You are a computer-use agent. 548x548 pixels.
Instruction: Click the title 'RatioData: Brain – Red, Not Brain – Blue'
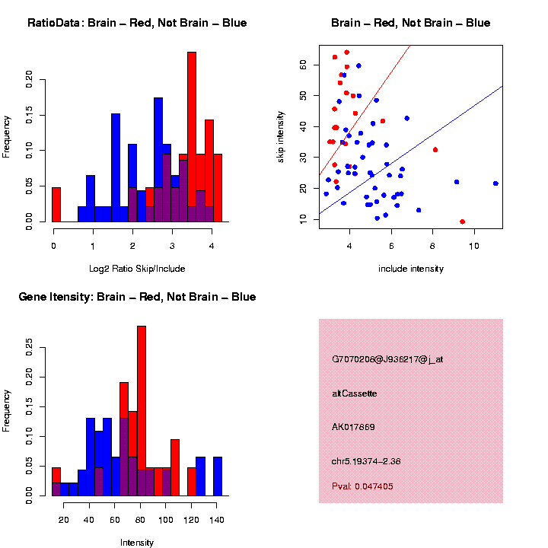point(137,23)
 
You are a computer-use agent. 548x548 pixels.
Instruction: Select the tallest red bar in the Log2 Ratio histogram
point(192,137)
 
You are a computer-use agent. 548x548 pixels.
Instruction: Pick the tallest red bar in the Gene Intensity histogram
point(141,411)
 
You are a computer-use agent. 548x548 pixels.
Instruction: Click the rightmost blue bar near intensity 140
point(218,476)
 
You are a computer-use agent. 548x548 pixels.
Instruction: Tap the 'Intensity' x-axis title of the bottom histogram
point(137,543)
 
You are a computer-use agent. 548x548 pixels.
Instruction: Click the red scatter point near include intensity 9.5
point(463,221)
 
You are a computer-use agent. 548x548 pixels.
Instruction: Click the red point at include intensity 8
point(435,150)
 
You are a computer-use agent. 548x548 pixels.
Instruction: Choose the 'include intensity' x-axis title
point(411,268)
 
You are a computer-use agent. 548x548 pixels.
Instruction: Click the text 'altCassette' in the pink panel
point(355,393)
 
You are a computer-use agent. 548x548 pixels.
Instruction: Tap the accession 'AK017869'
point(353,427)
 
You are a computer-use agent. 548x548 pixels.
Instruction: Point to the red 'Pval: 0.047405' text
point(362,486)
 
